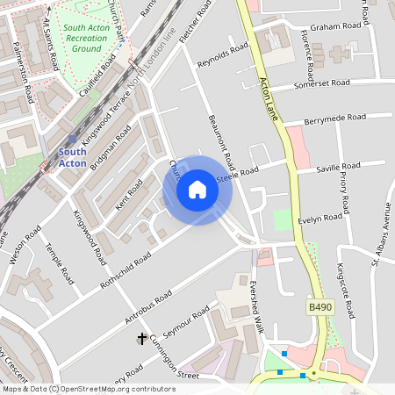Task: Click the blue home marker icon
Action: tap(197, 190)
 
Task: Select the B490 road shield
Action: tap(320, 307)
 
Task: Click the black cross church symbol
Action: tap(141, 337)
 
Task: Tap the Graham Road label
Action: tap(330, 26)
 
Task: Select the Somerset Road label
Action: tap(321, 83)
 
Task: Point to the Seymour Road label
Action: tap(188, 321)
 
